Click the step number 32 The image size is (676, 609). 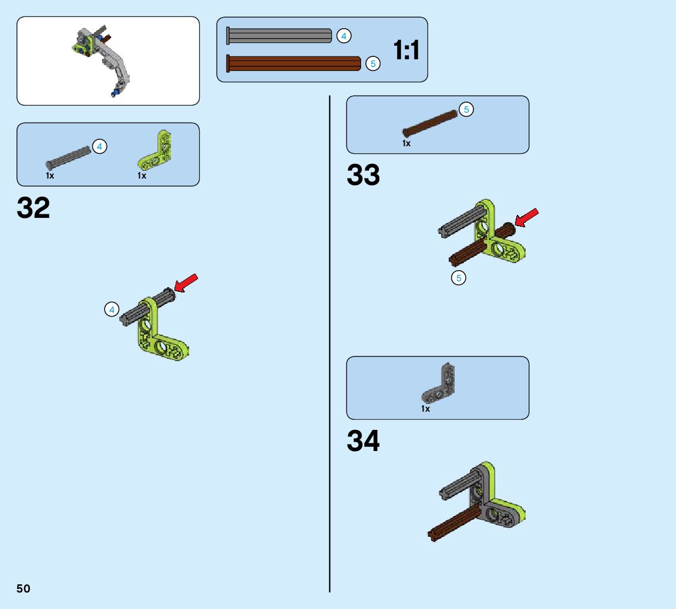pyautogui.click(x=33, y=208)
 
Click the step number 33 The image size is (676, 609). pyautogui.click(x=363, y=176)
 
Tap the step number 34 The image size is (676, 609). pyautogui.click(x=363, y=441)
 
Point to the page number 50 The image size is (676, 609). pyautogui.click(x=23, y=588)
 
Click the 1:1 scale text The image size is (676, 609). pyautogui.click(x=406, y=51)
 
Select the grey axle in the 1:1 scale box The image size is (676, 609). pyautogui.click(x=278, y=36)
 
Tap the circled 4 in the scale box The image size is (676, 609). pyautogui.click(x=344, y=36)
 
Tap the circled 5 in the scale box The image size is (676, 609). pyautogui.click(x=372, y=63)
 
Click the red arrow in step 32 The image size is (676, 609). pyautogui.click(x=187, y=282)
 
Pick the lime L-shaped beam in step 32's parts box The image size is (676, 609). pyautogui.click(x=156, y=151)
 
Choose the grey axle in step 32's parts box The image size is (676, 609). pyautogui.click(x=69, y=157)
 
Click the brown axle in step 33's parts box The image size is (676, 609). pyautogui.click(x=429, y=124)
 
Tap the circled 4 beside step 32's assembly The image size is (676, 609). pyautogui.click(x=112, y=309)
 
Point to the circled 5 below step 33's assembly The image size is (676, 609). pyautogui.click(x=458, y=278)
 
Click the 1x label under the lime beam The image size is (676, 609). pyautogui.click(x=142, y=176)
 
